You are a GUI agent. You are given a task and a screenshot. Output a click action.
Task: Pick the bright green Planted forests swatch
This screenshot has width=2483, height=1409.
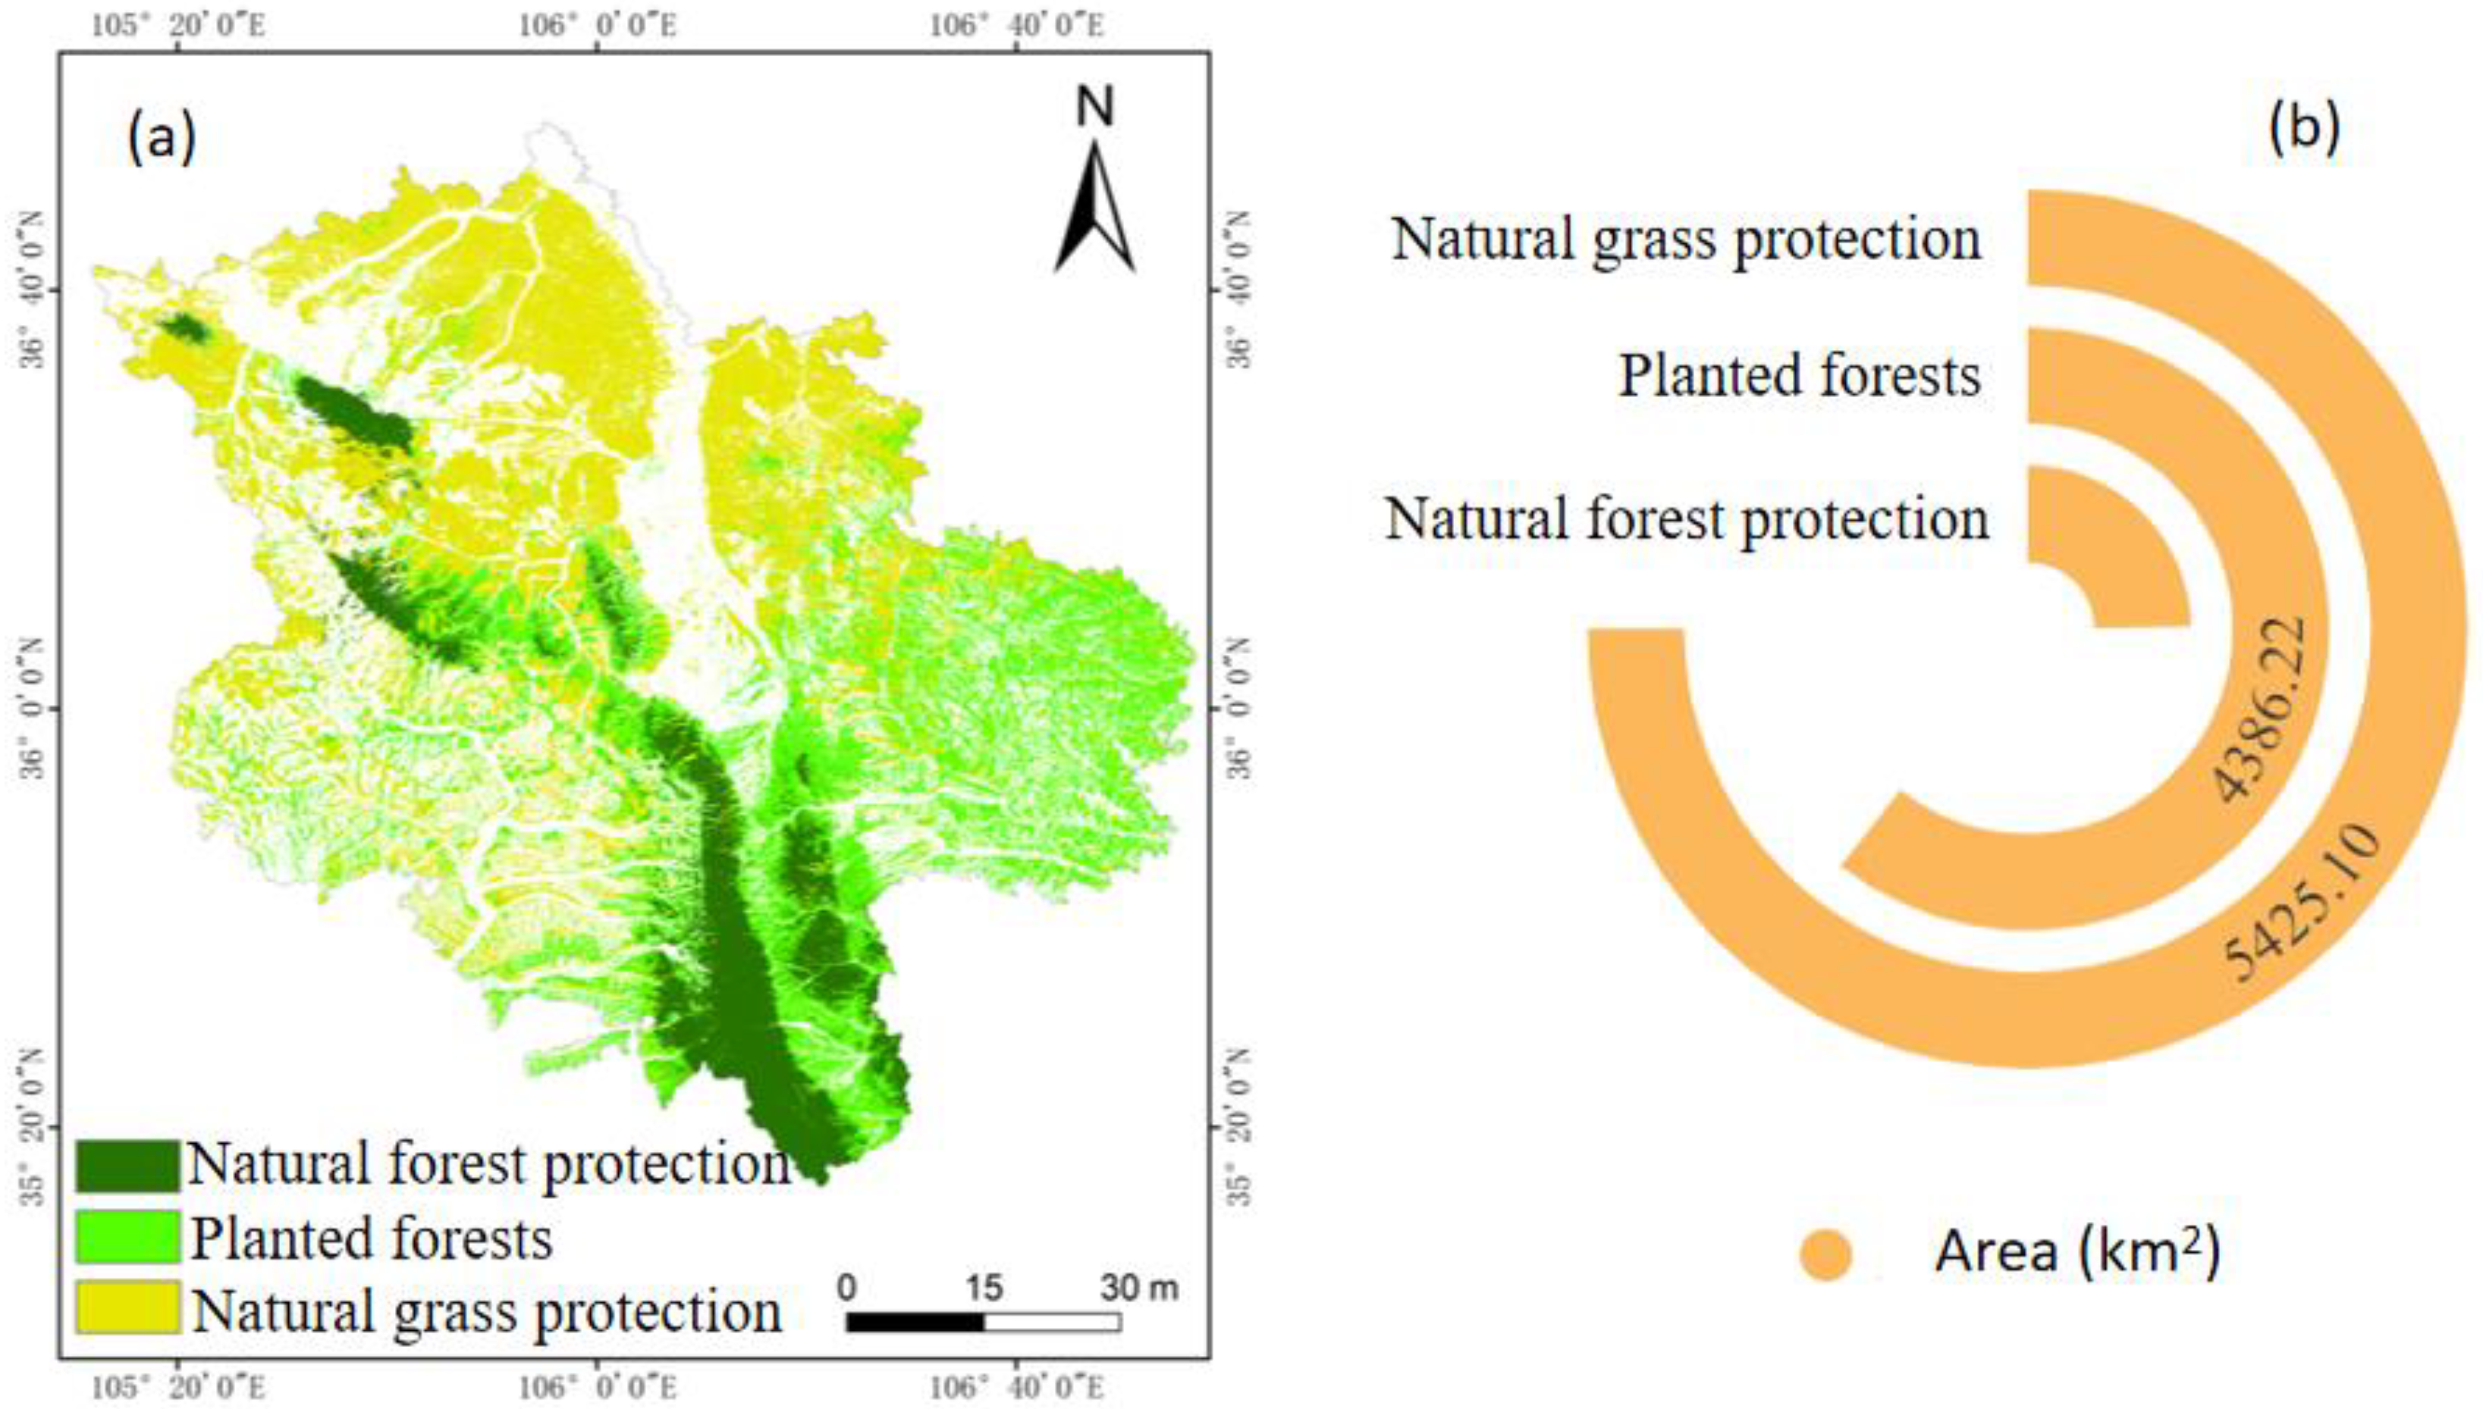click(x=127, y=1238)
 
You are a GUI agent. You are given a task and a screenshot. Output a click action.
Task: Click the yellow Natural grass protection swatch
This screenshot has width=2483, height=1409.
click(x=127, y=1308)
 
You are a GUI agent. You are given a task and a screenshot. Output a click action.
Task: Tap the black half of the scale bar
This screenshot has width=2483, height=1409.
click(x=915, y=1322)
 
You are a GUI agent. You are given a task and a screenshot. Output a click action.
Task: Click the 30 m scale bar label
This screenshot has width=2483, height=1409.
click(x=1138, y=1288)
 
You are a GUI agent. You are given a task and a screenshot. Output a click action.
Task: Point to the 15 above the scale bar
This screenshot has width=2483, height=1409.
click(x=984, y=1288)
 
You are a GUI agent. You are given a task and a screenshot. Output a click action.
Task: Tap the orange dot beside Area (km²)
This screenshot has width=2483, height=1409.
click(x=1825, y=1254)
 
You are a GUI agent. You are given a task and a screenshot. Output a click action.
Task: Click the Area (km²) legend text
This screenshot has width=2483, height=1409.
click(x=2077, y=1252)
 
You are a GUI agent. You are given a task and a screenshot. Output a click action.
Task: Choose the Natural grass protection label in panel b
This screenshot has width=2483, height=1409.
click(x=1687, y=239)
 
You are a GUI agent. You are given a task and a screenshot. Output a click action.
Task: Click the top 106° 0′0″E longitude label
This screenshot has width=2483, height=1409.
click(x=598, y=25)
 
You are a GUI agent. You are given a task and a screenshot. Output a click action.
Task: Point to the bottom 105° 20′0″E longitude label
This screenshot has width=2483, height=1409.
click(x=178, y=1388)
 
